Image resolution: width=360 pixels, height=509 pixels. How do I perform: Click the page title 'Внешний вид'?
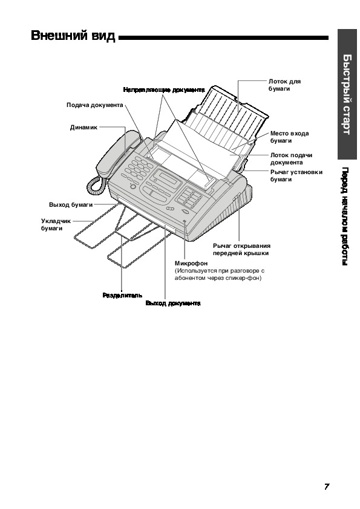click(73, 36)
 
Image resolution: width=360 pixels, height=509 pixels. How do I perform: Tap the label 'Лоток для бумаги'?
click(284, 85)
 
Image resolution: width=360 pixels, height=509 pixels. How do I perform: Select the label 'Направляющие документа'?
click(164, 90)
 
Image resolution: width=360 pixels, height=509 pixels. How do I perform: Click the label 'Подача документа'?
click(95, 105)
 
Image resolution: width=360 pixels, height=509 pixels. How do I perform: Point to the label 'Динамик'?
click(83, 128)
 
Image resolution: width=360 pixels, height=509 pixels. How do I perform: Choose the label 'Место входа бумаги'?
click(289, 137)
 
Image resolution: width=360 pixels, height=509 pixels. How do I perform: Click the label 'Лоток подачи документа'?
click(291, 159)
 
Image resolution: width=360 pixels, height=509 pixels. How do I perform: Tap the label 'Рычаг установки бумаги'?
click(296, 176)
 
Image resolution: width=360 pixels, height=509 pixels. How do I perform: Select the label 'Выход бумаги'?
click(71, 205)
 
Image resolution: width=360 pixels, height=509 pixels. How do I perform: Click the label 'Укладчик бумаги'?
click(56, 225)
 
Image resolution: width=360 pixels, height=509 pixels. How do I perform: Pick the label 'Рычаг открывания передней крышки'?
click(242, 250)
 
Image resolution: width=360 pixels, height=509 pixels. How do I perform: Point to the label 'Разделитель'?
click(122, 296)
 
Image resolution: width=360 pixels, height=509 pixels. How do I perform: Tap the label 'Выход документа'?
click(173, 303)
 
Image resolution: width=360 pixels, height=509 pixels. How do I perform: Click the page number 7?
click(327, 486)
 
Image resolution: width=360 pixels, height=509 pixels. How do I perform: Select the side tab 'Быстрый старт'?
click(347, 94)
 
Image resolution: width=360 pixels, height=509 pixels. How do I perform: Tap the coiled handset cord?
click(96, 185)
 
